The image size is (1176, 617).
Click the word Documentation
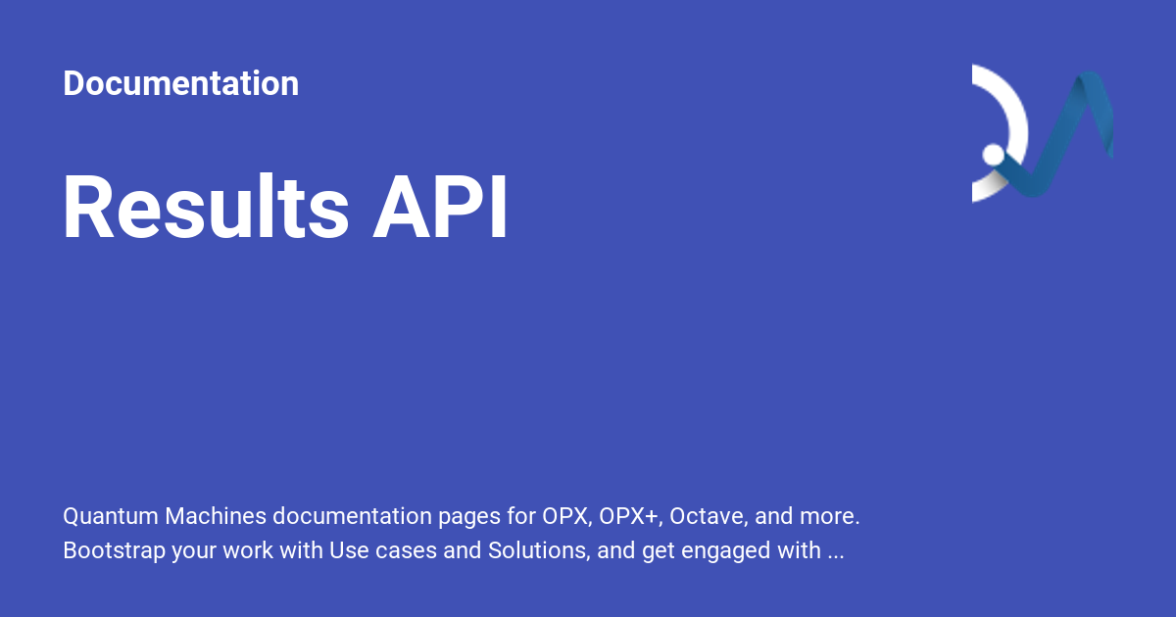click(181, 83)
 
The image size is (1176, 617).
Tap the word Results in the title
click(205, 207)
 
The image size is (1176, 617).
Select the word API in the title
click(440, 207)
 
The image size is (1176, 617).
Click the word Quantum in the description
click(111, 516)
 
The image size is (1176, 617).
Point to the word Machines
click(216, 516)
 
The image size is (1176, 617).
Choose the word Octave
click(709, 516)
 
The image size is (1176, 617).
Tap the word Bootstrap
click(114, 550)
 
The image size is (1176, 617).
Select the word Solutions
click(539, 550)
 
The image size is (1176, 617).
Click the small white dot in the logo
click(993, 155)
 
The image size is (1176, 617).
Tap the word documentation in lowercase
click(352, 516)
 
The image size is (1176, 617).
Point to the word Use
click(349, 550)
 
